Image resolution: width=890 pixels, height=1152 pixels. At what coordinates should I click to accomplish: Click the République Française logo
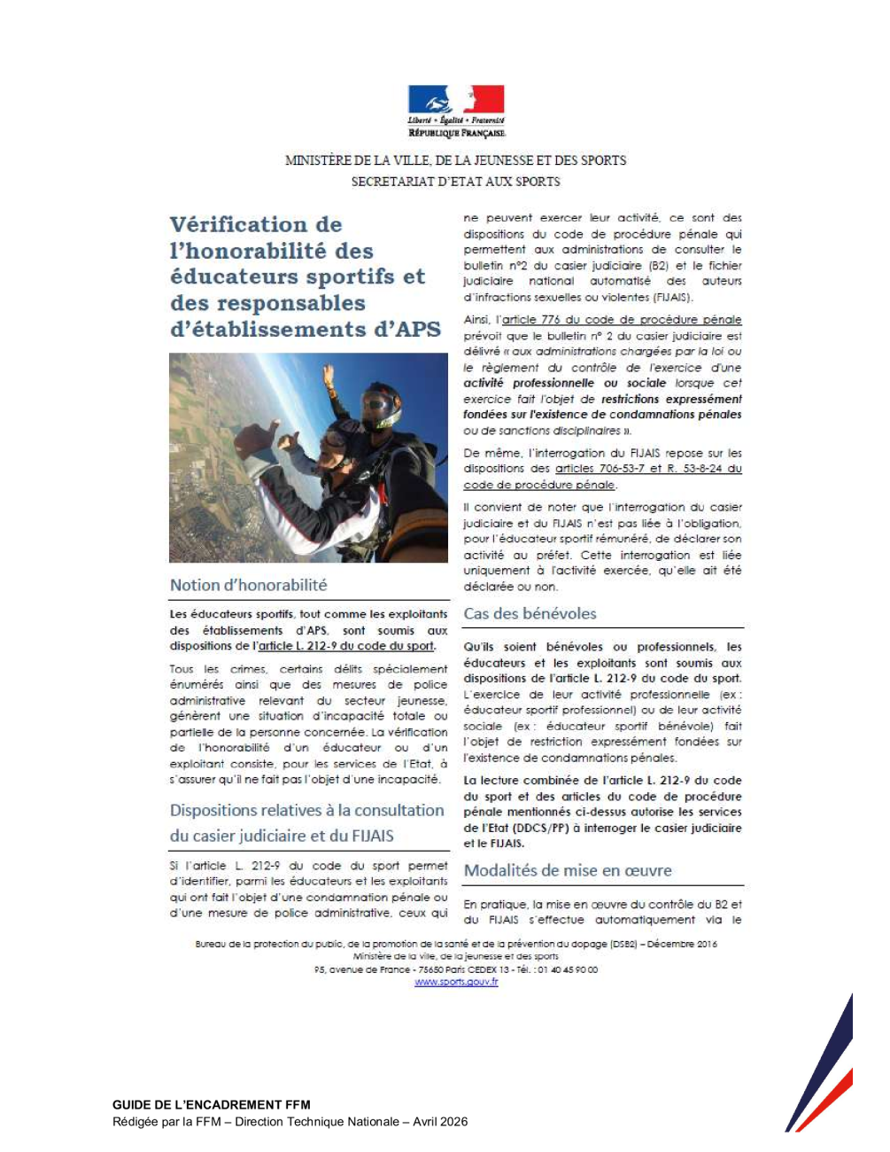pos(456,111)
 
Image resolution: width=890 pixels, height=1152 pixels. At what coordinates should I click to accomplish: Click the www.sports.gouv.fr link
pos(456,982)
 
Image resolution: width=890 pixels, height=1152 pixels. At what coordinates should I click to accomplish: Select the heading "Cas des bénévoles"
pos(530,613)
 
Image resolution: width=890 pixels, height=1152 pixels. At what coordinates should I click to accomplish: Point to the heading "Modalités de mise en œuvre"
pos(568,870)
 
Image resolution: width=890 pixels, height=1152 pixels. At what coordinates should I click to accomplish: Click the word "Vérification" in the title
pos(256,224)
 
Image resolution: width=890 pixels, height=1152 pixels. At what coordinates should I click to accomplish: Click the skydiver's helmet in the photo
pos(382,404)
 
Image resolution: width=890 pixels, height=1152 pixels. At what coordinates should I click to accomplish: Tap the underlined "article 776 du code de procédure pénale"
pos(622,320)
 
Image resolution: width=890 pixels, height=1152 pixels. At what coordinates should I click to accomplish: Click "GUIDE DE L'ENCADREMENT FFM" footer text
pos(212,1105)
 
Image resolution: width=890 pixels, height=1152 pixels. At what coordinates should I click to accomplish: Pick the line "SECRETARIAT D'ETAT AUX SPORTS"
pos(455,182)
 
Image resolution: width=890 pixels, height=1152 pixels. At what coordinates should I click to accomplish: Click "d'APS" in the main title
pos(404,330)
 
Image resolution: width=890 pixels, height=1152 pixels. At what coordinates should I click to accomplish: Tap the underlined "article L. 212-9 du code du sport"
pos(346,646)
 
